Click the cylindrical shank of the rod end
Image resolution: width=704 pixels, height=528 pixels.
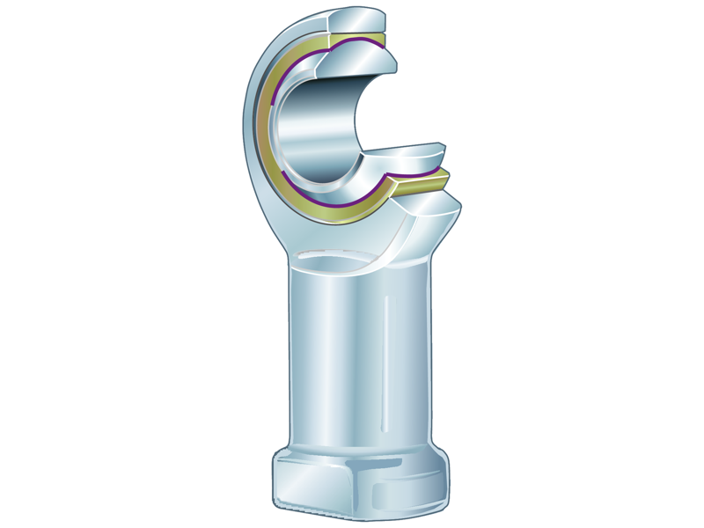[x=343, y=352]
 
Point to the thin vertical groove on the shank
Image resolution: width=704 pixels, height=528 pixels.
[x=388, y=352]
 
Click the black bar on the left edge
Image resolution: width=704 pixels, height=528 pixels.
[x=35, y=264]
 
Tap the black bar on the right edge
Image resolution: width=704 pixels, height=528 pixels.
[x=669, y=264]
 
